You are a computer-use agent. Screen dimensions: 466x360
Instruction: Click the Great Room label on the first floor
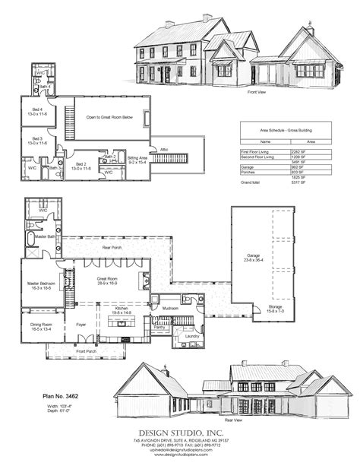(106, 280)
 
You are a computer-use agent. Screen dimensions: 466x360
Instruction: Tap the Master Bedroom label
(40, 284)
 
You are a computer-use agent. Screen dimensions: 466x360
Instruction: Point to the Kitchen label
(122, 309)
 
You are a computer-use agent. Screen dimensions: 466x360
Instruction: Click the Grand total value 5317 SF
(298, 182)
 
